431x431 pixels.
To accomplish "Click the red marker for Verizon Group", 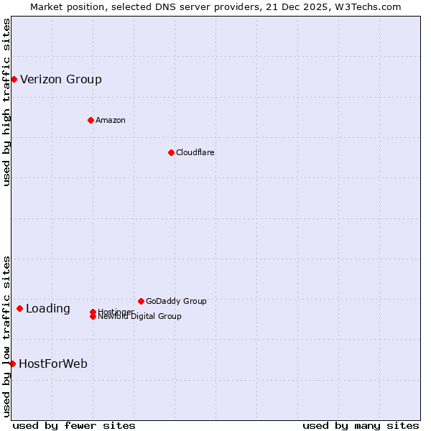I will pyautogui.click(x=14, y=79).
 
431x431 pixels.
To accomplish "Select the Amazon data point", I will pyautogui.click(x=91, y=120).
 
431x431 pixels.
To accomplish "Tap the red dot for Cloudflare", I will pyautogui.click(x=171, y=152).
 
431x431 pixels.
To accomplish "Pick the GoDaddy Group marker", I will pyautogui.click(x=141, y=301).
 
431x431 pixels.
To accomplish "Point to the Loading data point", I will pyautogui.click(x=19, y=308).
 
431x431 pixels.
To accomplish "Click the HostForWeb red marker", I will pyautogui.click(x=12, y=363).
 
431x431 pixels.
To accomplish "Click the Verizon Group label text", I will pyautogui.click(x=61, y=79).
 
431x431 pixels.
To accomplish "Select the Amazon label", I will pyautogui.click(x=110, y=120).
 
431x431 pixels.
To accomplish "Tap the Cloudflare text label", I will pyautogui.click(x=195, y=152).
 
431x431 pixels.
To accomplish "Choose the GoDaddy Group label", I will pyautogui.click(x=176, y=301).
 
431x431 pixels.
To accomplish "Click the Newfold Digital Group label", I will pyautogui.click(x=139, y=317).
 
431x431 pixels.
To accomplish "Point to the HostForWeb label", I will pyautogui.click(x=53, y=363).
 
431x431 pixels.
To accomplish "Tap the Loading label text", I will pyautogui.click(x=48, y=309).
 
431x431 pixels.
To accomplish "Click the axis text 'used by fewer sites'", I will pyautogui.click(x=74, y=425).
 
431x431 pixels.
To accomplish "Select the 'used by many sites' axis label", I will pyautogui.click(x=361, y=425).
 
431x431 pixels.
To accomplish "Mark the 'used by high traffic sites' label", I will pyautogui.click(x=7, y=102).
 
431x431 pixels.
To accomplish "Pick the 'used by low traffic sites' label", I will pyautogui.click(x=7, y=336).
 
